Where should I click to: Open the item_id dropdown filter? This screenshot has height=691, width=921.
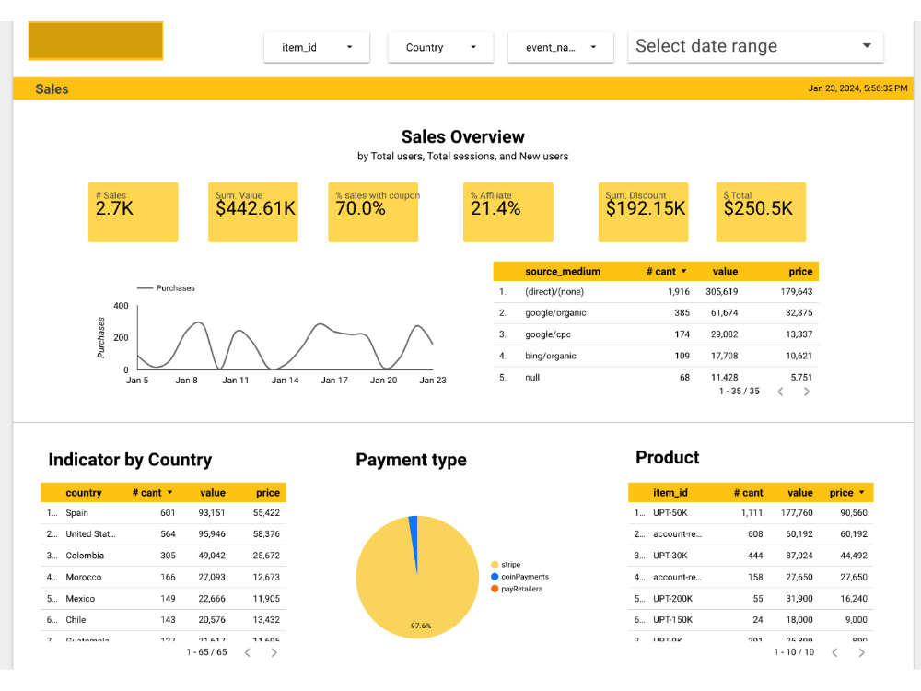pyautogui.click(x=316, y=47)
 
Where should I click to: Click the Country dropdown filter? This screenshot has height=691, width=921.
pyautogui.click(x=440, y=47)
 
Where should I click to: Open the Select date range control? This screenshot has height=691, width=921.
pyautogui.click(x=754, y=46)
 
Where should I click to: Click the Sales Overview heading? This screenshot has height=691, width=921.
pyautogui.click(x=462, y=137)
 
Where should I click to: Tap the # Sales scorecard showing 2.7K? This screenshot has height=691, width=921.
pyautogui.click(x=133, y=212)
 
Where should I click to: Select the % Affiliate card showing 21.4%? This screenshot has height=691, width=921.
pyautogui.click(x=507, y=212)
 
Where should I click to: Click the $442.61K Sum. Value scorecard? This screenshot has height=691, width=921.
pyautogui.click(x=253, y=212)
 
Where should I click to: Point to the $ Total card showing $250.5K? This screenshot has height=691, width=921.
pyautogui.click(x=760, y=212)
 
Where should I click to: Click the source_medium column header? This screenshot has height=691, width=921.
pyautogui.click(x=562, y=272)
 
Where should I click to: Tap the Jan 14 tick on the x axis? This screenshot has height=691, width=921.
pyautogui.click(x=285, y=381)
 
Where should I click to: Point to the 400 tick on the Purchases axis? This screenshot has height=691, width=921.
pyautogui.click(x=121, y=306)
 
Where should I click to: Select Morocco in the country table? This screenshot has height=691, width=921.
pyautogui.click(x=83, y=578)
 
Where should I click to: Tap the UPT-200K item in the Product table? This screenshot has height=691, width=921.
pyautogui.click(x=673, y=599)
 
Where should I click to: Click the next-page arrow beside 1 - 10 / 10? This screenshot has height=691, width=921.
pyautogui.click(x=861, y=652)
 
